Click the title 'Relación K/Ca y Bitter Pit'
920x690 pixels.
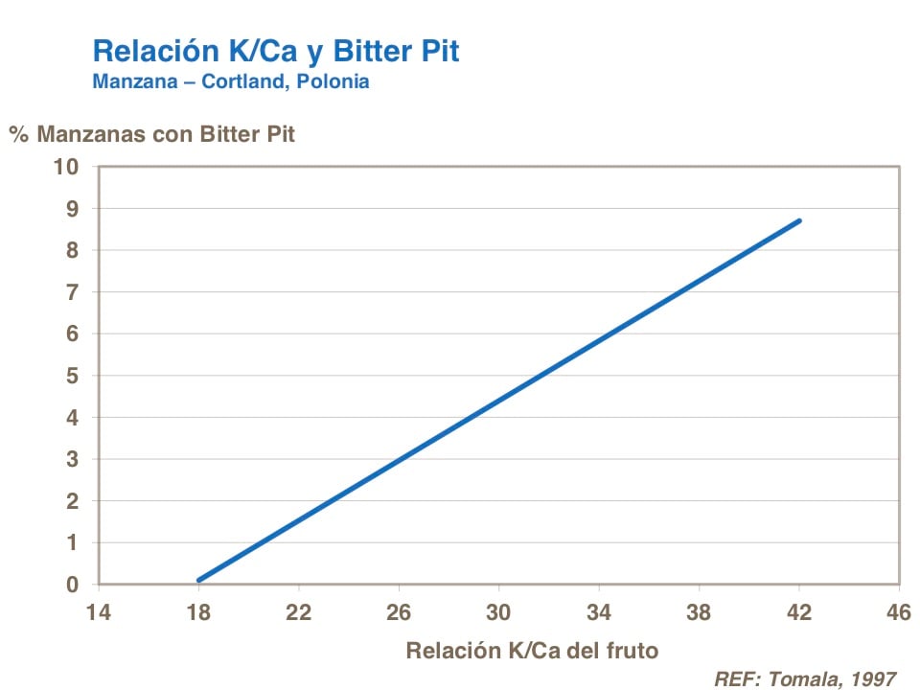click(275, 51)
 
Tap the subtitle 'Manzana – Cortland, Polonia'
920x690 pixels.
click(230, 81)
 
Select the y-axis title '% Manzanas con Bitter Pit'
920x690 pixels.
click(152, 134)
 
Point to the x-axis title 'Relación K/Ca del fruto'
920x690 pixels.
click(532, 651)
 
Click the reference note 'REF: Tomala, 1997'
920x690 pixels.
click(805, 678)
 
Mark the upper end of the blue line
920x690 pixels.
click(798, 220)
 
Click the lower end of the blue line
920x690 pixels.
click(199, 580)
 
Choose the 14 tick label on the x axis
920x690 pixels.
click(99, 611)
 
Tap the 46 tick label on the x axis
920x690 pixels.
click(898, 611)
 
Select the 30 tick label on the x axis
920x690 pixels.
click(498, 611)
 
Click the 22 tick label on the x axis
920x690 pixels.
click(299, 611)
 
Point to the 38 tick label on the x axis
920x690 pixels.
click(699, 611)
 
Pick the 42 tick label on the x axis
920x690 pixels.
click(798, 611)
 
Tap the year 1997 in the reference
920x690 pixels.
click(870, 678)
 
